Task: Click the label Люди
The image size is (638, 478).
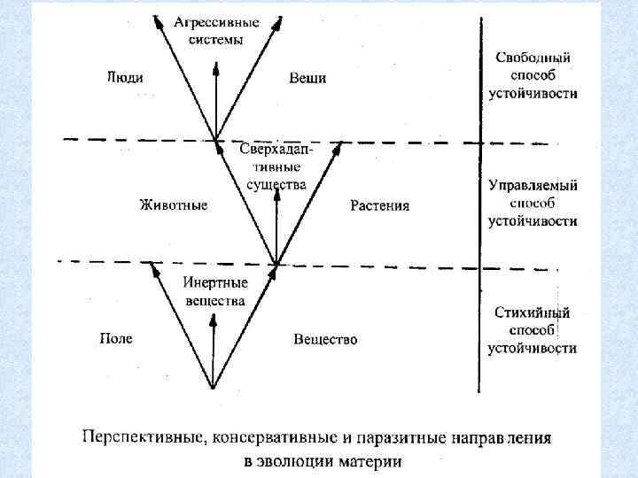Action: pos(125,77)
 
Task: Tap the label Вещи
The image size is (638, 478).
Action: pos(307,78)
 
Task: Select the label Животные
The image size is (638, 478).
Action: pos(174,205)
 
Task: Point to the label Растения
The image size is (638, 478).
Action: pos(379,206)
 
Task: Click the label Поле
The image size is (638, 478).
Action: pos(115,338)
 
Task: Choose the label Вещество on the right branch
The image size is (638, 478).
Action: pos(325,339)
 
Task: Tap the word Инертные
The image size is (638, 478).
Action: pos(215,282)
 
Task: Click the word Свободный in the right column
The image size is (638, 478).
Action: pos(533,58)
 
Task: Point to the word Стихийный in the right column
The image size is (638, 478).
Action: pos(533,313)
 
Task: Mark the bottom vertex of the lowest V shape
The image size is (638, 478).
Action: pos(213,387)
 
